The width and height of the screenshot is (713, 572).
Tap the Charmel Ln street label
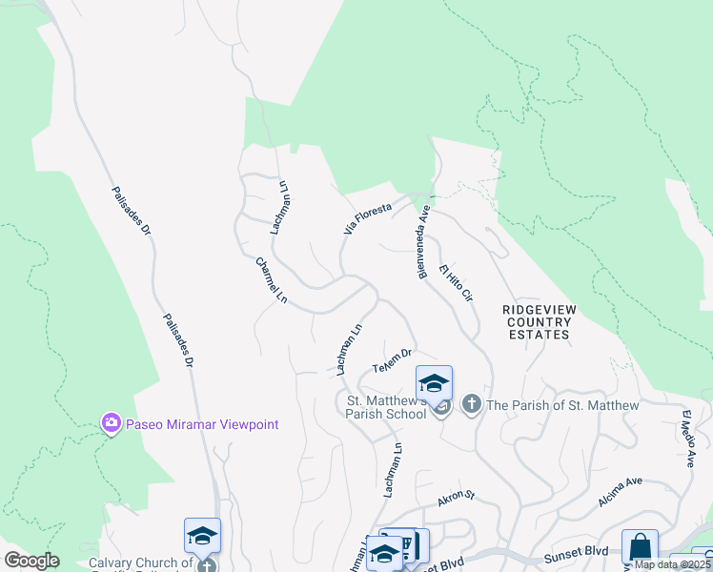tap(272, 280)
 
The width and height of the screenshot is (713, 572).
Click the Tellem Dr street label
tap(392, 361)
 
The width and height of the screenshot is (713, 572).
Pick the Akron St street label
tap(456, 498)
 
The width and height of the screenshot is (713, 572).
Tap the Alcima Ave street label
tap(622, 490)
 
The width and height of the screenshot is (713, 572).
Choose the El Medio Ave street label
tap(687, 438)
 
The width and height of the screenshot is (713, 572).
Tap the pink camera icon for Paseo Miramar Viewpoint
tap(112, 422)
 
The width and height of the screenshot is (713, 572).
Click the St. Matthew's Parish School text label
tap(386, 406)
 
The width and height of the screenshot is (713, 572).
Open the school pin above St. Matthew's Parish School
tap(435, 384)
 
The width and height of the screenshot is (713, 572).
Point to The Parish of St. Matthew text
tap(562, 405)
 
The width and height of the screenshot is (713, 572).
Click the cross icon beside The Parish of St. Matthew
tap(470, 405)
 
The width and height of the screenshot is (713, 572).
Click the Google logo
tap(31, 561)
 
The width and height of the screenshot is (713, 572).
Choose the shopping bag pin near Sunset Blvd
tap(640, 548)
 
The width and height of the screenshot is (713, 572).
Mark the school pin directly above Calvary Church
tap(202, 536)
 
